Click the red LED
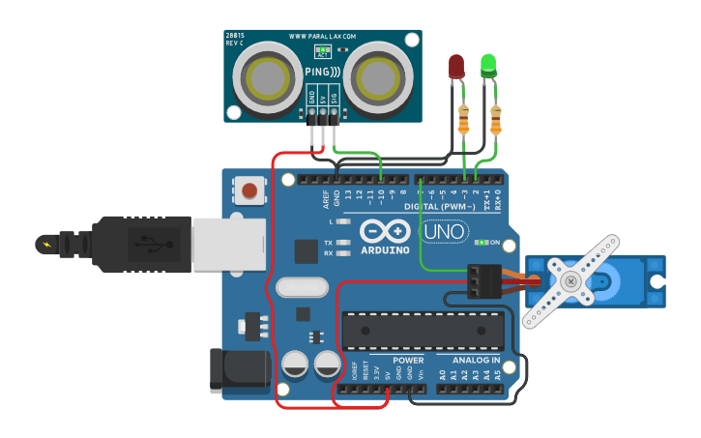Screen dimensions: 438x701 (456, 66)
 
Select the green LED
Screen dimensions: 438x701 (488, 65)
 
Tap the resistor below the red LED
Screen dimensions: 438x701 (463, 119)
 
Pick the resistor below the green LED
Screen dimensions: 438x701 (496, 120)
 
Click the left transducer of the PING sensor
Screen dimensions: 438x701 (268, 76)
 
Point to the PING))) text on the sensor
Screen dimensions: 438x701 (322, 72)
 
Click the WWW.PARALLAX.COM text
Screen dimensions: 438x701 (322, 37)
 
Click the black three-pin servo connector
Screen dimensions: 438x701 (482, 280)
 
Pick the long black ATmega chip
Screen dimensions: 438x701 (423, 331)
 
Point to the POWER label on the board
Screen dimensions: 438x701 (408, 360)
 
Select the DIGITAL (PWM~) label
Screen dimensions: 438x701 (439, 207)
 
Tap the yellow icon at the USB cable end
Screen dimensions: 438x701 (46, 244)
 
